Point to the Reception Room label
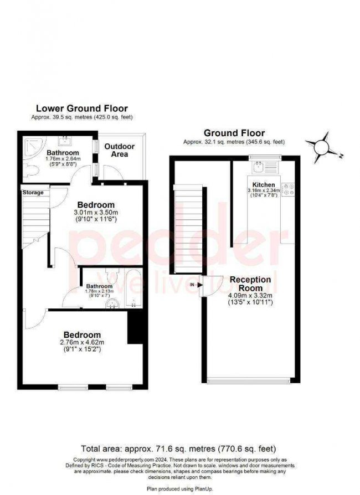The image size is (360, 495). [250, 283]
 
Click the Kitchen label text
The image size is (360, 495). [263, 184]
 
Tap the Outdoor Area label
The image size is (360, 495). [120, 150]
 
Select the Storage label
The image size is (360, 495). [33, 192]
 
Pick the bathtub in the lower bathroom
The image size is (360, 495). [133, 287]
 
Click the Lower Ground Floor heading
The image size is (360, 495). [81, 109]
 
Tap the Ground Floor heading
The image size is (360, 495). [234, 133]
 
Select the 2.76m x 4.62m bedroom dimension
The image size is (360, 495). [82, 343]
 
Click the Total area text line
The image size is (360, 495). [178, 448]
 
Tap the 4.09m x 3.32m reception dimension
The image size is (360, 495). [250, 296]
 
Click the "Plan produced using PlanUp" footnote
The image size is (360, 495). [178, 489]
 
